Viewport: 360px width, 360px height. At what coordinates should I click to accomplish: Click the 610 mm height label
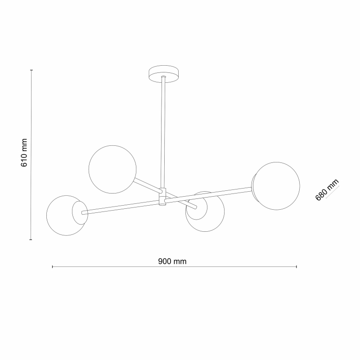pyautogui.click(x=24, y=153)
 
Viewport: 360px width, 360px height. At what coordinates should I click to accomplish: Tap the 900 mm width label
pyautogui.click(x=172, y=261)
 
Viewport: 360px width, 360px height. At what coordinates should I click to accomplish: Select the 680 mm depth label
pyautogui.click(x=327, y=189)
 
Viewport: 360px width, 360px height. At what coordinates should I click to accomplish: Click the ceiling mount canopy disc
pyautogui.click(x=163, y=74)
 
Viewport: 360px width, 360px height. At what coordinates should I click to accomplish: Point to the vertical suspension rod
pyautogui.click(x=163, y=132)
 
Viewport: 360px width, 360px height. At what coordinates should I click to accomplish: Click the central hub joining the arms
pyautogui.click(x=162, y=197)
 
